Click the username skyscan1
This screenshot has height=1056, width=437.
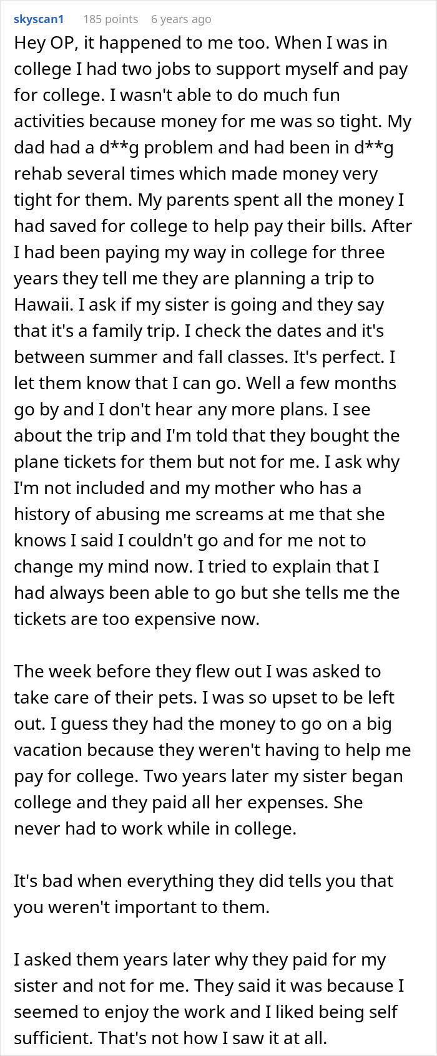tap(39, 19)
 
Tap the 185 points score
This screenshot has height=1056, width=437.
tap(110, 19)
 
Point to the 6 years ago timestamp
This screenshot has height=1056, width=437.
tap(181, 19)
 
